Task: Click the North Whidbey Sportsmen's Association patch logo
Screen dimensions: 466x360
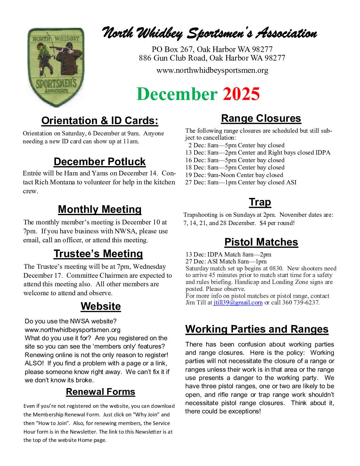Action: tap(56, 67)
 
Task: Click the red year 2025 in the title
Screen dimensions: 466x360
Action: tap(241, 94)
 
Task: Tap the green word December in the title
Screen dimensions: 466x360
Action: tap(177, 94)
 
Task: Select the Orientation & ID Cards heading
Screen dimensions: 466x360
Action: tap(100, 121)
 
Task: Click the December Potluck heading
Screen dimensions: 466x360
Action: tap(100, 162)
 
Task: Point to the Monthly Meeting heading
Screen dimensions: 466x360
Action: tap(100, 210)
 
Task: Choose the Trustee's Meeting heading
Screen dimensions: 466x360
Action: tap(98, 254)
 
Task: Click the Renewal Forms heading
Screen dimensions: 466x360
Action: tap(101, 392)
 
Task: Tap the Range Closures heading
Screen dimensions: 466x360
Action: tap(261, 118)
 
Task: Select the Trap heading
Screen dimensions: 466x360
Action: tap(260, 202)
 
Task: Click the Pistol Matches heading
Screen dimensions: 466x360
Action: tap(261, 242)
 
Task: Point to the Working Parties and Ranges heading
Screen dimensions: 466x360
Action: tap(257, 329)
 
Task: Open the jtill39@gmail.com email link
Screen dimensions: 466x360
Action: tap(238, 303)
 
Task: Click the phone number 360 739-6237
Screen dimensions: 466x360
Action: tap(300, 303)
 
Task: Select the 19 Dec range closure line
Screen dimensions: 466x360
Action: tap(234, 175)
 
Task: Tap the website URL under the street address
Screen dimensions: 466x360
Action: tap(212, 70)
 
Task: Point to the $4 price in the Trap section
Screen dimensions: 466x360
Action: tap(263, 223)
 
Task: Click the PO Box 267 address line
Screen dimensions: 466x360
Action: tap(212, 50)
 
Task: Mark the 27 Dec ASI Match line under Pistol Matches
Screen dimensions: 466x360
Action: tap(226, 261)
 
